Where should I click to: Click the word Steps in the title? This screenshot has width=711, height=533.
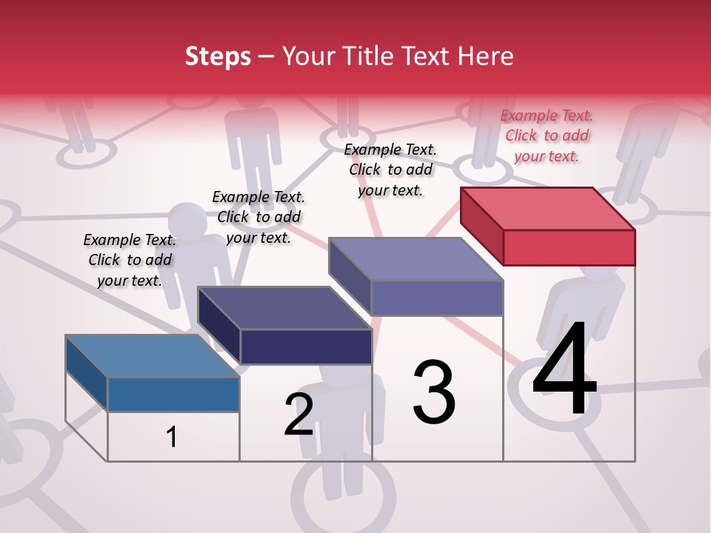(218, 56)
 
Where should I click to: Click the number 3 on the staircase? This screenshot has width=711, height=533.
(434, 392)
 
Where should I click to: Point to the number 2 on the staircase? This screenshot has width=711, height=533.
(299, 415)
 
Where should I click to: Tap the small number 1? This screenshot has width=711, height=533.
(172, 437)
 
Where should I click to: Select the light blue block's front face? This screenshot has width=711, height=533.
(173, 394)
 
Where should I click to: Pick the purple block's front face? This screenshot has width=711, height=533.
(437, 298)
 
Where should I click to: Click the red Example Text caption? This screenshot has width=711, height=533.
(547, 135)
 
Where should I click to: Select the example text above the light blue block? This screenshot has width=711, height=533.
(130, 260)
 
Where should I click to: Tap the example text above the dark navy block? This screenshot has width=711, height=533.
(258, 217)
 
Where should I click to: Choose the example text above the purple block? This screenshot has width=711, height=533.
(390, 170)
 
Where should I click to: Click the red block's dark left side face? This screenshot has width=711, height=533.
(482, 227)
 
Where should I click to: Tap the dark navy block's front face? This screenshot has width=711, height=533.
(306, 346)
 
